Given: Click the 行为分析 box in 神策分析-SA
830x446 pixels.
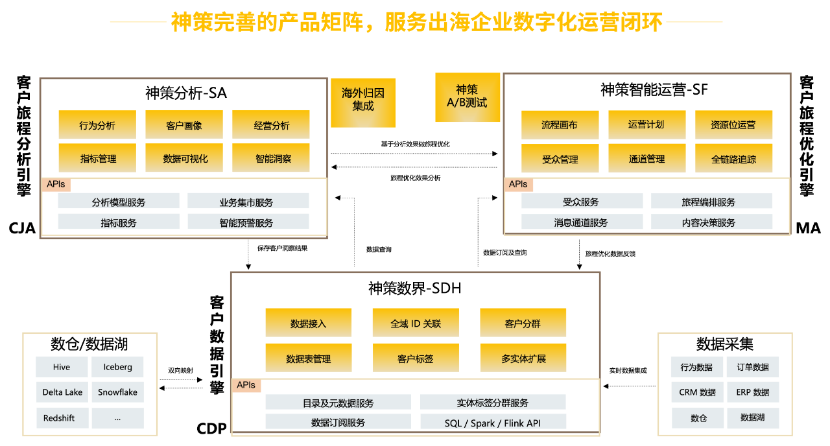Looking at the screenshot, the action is (x=97, y=124).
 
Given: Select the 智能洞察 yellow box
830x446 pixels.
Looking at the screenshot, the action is (x=271, y=158).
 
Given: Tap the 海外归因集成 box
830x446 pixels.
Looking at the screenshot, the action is (x=363, y=102).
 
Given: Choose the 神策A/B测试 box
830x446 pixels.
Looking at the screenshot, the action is (x=468, y=97).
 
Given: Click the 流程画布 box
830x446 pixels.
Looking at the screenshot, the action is (x=560, y=125).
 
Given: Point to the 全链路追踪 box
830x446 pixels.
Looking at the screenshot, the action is (x=733, y=158).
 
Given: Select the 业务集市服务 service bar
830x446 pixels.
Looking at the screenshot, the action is (x=248, y=201).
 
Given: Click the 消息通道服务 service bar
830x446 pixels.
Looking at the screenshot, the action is (x=582, y=222).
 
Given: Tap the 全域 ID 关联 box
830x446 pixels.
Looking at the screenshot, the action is (x=416, y=323).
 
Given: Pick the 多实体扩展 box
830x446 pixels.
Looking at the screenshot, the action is (x=523, y=358).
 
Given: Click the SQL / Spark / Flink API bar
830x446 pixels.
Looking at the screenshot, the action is (x=493, y=422).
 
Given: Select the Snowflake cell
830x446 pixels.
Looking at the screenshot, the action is (x=118, y=392).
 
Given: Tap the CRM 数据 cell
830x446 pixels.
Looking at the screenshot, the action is (x=697, y=392).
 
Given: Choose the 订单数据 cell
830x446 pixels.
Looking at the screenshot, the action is (x=753, y=367).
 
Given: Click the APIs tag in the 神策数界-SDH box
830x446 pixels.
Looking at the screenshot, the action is (x=246, y=385).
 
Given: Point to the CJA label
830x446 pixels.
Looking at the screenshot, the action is (x=22, y=228).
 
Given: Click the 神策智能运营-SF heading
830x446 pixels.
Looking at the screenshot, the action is (x=654, y=90).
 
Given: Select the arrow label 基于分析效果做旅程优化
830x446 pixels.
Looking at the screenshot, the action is (x=416, y=144).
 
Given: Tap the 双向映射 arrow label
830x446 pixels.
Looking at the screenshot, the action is (x=180, y=370).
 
